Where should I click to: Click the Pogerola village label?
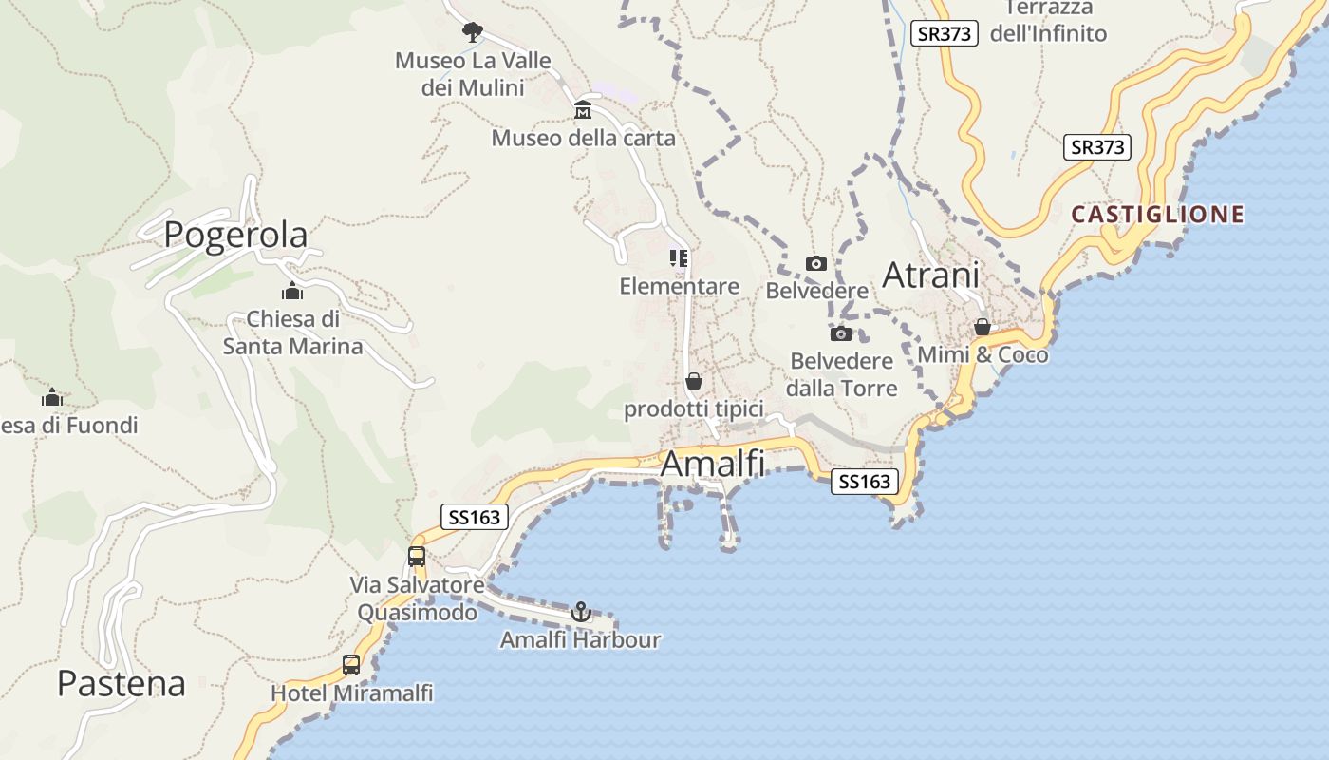coord(235,235)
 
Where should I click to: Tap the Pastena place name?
coord(121,683)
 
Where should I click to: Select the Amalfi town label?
coord(712,464)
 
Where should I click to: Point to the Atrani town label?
coord(930,275)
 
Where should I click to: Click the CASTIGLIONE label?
coord(1157,215)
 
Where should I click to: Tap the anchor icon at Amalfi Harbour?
coord(581,612)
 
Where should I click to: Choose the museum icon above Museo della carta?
coord(583,111)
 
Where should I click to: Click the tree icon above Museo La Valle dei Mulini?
coord(472,33)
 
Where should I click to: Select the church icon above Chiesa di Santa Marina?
coord(291,291)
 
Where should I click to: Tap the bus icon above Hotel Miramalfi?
coord(351,665)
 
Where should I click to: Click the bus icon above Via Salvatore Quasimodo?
coord(417,557)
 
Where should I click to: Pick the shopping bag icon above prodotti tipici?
coord(694,381)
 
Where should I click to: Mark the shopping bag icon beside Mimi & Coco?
coord(983,327)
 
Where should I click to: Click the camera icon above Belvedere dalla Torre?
coord(841,333)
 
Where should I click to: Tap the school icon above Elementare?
coord(679,258)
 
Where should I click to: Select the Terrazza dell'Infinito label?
coord(1048,21)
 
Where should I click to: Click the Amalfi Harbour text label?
coord(581,640)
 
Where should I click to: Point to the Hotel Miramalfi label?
coord(352,693)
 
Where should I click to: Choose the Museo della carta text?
coord(583,139)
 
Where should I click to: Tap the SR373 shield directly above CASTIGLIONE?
coord(1097,147)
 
